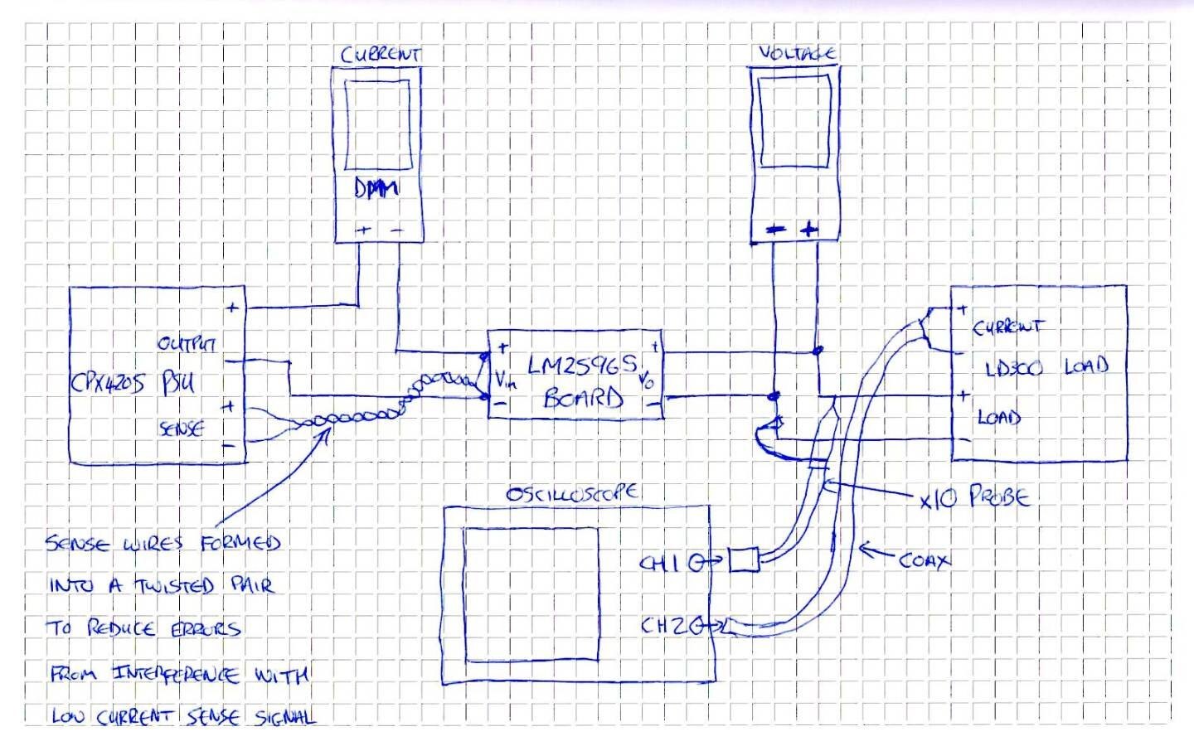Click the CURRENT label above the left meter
(x=381, y=55)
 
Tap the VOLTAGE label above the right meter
(x=797, y=53)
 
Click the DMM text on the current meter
(x=376, y=188)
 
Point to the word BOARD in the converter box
(x=583, y=399)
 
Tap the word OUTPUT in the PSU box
(x=187, y=343)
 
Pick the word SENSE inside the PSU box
(x=181, y=429)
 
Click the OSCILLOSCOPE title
(x=571, y=493)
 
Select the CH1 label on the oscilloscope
(x=661, y=564)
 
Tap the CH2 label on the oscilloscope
(x=665, y=626)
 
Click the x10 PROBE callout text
(x=974, y=498)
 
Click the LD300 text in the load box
(x=1013, y=369)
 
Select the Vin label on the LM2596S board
(x=506, y=380)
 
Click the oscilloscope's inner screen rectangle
(x=531, y=594)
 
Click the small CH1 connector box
(x=744, y=561)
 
